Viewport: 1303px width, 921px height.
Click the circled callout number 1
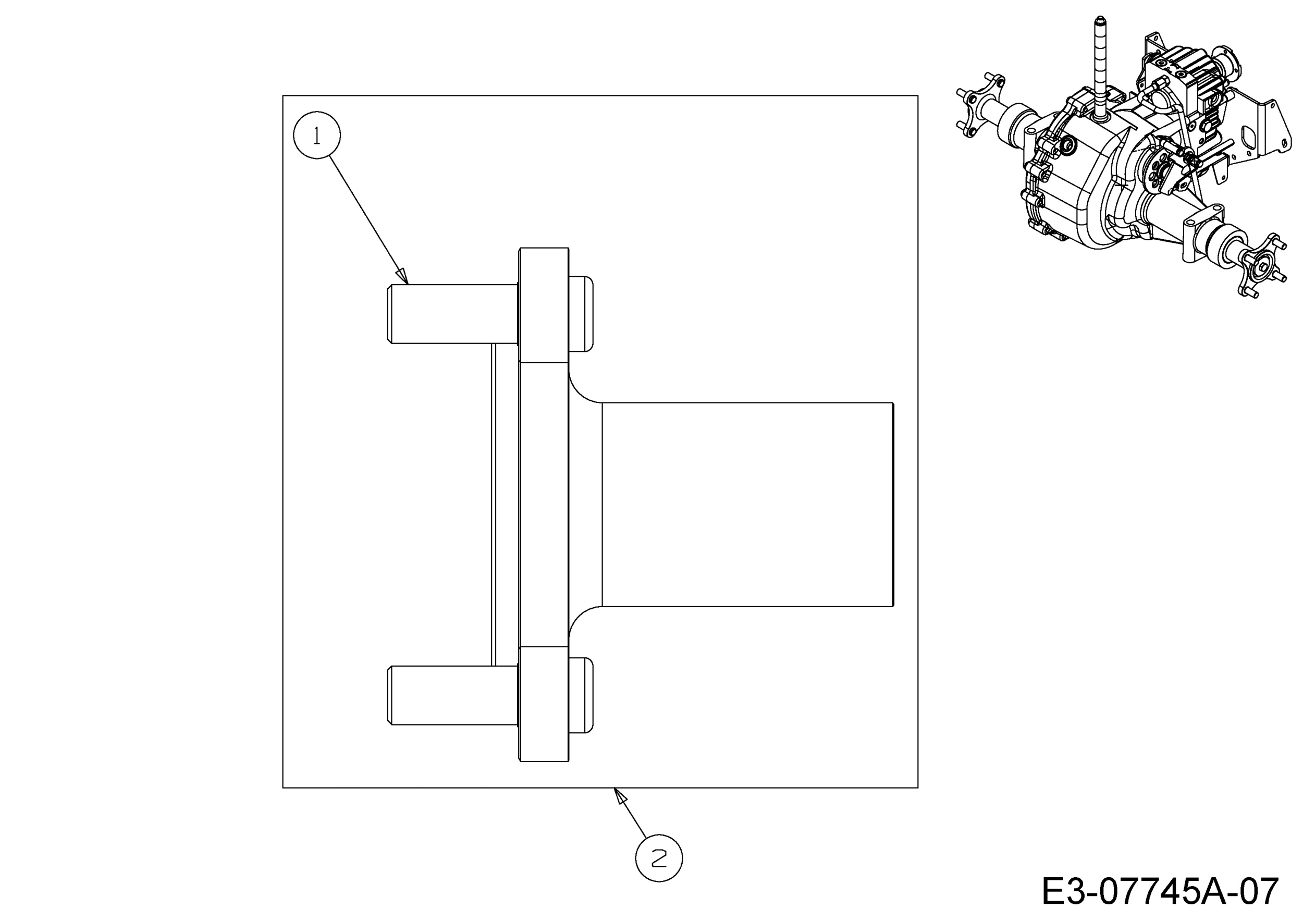click(x=317, y=136)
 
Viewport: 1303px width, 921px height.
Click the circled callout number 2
click(x=659, y=858)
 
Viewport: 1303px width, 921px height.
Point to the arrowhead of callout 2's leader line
click(x=620, y=796)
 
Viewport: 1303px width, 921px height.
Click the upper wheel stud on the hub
click(x=453, y=314)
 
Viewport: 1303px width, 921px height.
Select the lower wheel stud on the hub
click(x=453, y=695)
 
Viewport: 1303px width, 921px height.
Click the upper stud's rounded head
click(x=581, y=314)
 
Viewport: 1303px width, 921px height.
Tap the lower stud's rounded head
click(x=581, y=695)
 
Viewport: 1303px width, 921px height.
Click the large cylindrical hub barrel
click(x=747, y=505)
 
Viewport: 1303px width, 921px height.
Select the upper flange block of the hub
click(x=544, y=305)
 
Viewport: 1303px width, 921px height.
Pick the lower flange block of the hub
click(x=544, y=704)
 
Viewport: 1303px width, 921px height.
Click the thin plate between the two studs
click(x=493, y=505)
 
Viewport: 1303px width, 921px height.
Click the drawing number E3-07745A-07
click(x=1160, y=891)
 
